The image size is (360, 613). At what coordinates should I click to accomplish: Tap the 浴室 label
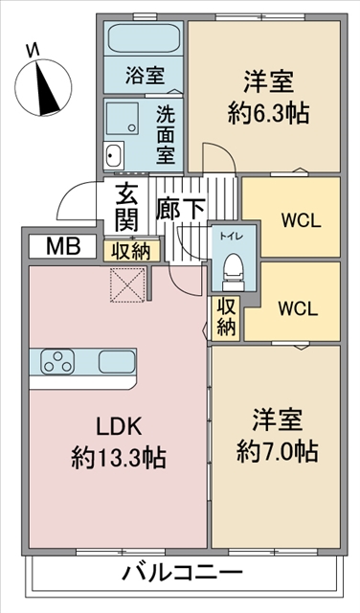[145, 75]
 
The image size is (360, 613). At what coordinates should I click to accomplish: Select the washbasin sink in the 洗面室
[113, 155]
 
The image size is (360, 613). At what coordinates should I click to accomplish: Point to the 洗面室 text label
[166, 134]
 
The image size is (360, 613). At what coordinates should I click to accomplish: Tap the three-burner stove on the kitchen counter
[57, 361]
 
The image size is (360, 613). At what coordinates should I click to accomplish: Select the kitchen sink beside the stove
[117, 361]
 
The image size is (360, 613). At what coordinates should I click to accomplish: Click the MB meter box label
[63, 247]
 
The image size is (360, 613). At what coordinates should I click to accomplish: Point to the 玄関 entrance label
[126, 207]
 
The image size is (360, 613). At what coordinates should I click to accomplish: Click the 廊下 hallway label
[180, 209]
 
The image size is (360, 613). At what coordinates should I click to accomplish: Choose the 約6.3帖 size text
[268, 113]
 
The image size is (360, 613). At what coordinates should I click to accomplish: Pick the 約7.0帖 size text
[277, 451]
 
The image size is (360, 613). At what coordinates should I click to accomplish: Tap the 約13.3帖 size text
[119, 458]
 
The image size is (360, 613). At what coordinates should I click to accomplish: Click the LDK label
[119, 427]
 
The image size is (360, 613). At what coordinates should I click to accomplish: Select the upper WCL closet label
[302, 221]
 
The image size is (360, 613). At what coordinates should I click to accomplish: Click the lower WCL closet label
[298, 309]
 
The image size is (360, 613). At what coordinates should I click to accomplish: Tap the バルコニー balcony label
[183, 573]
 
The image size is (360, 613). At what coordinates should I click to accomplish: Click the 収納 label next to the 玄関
[132, 252]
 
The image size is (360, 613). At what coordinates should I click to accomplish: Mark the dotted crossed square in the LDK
[127, 284]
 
